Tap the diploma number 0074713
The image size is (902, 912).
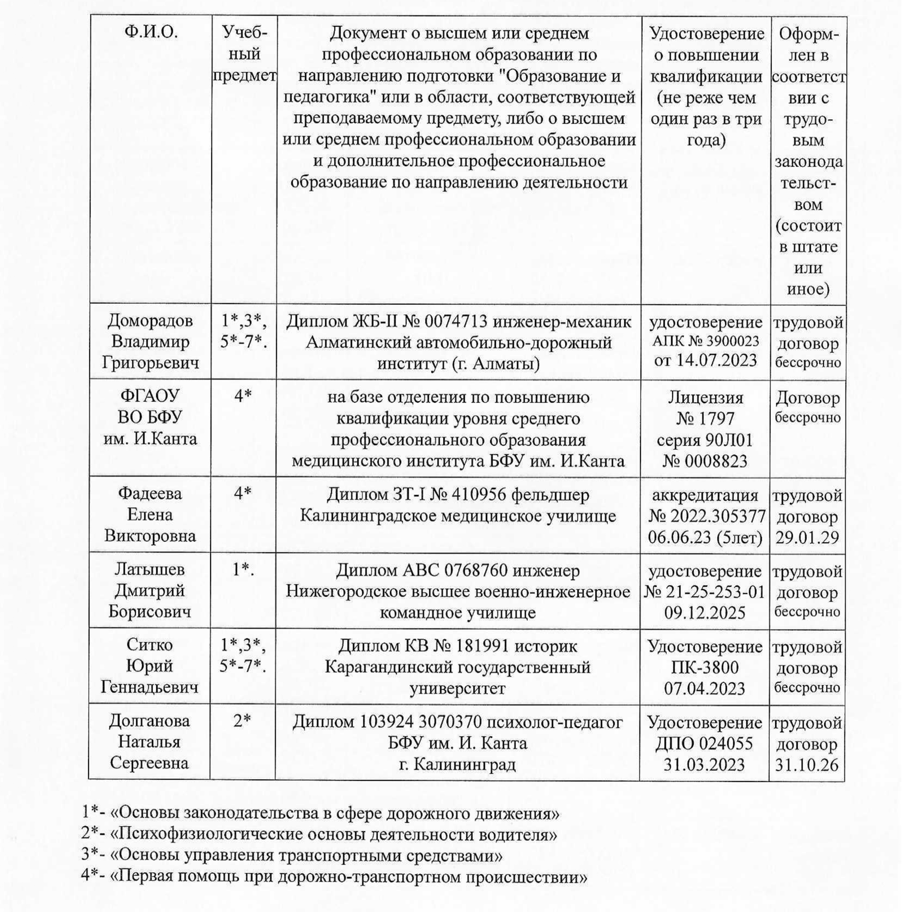point(456,322)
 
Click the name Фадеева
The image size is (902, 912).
point(150,493)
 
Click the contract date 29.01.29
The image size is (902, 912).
point(807,538)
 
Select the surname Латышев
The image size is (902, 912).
point(150,569)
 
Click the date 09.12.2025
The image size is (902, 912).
point(705,613)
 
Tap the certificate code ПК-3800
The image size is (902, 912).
point(705,668)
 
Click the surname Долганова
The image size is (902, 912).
point(150,721)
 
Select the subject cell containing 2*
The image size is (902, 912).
point(242,721)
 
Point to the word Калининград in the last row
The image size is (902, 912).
point(464,764)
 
